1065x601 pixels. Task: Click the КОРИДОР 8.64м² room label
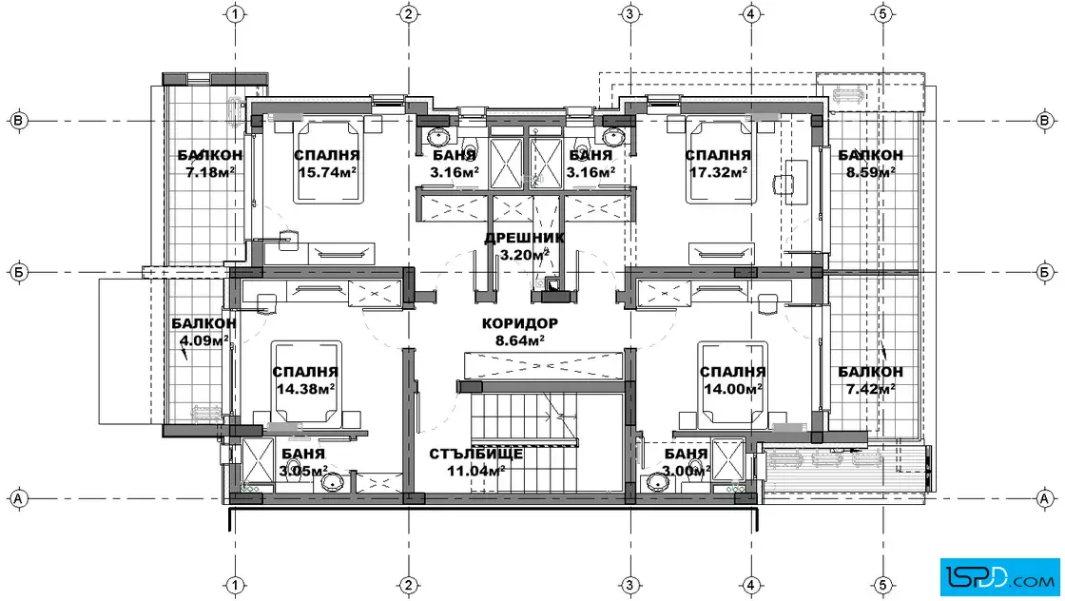point(519,332)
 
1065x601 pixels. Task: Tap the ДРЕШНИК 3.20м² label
point(524,246)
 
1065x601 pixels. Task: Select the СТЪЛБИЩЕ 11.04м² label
point(475,462)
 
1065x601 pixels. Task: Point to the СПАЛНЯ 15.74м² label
point(327,164)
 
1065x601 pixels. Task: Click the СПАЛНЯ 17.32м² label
point(718,164)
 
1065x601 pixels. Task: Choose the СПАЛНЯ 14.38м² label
point(305,380)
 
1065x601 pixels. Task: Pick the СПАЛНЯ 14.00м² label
point(732,380)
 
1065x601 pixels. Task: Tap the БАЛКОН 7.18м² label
point(210,164)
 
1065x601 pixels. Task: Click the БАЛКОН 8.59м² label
point(870,164)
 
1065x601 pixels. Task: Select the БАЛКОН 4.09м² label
point(203,332)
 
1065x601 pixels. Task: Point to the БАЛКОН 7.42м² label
point(870,380)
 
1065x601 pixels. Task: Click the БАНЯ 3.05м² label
point(303,462)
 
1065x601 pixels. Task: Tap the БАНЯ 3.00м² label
point(686,462)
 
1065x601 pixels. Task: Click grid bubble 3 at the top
point(629,13)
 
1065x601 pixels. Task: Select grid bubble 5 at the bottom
point(883,585)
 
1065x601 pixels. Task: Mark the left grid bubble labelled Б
point(18,272)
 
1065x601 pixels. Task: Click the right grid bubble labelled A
point(1045,498)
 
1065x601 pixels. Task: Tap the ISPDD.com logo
point(999,577)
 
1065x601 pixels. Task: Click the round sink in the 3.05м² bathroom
point(334,482)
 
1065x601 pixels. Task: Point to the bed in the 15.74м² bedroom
point(329,160)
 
